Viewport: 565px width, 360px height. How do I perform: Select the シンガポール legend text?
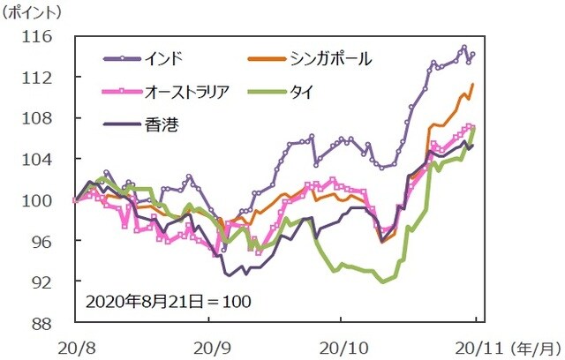coord(330,60)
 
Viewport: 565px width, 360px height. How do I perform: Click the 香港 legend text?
coord(159,124)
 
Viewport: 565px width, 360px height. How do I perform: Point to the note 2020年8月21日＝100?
coord(169,301)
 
